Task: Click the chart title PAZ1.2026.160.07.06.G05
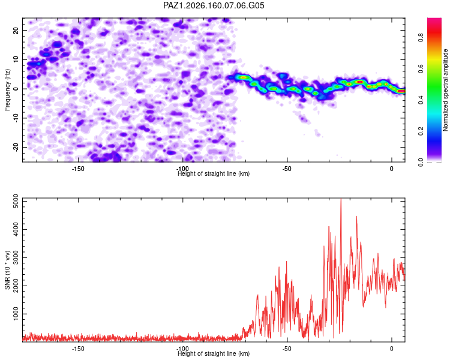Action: (214, 5)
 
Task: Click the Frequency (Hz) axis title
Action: (7, 90)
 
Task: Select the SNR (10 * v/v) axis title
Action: (7, 270)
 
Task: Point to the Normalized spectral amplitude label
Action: (445, 90)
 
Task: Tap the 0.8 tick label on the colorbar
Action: (421, 37)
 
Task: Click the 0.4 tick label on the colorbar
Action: (421, 100)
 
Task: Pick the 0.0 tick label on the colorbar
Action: (421, 162)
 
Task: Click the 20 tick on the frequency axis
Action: (16, 31)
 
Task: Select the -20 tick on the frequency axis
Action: (16, 147)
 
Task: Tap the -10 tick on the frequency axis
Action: (16, 118)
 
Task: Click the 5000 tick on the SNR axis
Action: (16, 201)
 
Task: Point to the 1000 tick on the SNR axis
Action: (16, 314)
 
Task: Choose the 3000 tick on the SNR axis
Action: (16, 257)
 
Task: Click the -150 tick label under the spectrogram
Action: (77, 169)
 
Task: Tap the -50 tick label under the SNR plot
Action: (287, 349)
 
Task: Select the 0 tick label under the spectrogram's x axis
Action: (391, 169)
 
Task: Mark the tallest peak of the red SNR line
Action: (341, 199)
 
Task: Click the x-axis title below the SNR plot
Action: (214, 353)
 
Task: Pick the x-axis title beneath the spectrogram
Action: (214, 173)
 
